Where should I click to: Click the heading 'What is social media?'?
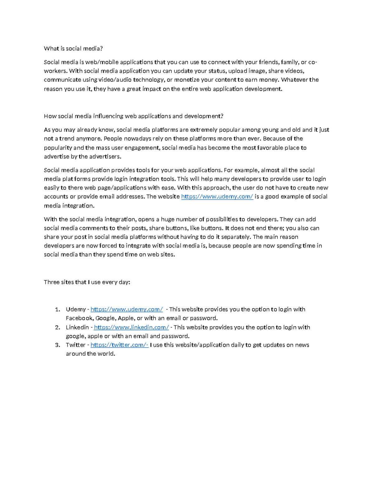[x=73, y=49]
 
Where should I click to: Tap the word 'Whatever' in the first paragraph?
[x=294, y=80]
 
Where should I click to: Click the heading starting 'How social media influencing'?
[x=133, y=116]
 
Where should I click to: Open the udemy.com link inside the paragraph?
[x=217, y=197]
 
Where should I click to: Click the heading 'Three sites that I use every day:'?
[x=87, y=282]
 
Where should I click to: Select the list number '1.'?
[x=57, y=309]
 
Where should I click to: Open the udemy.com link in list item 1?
[x=127, y=309]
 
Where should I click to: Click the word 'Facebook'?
[x=79, y=318]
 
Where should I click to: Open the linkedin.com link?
[x=131, y=327]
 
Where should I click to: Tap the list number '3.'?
[x=57, y=345]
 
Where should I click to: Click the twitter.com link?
[x=119, y=345]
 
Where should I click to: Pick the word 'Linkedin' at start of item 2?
[x=77, y=327]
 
